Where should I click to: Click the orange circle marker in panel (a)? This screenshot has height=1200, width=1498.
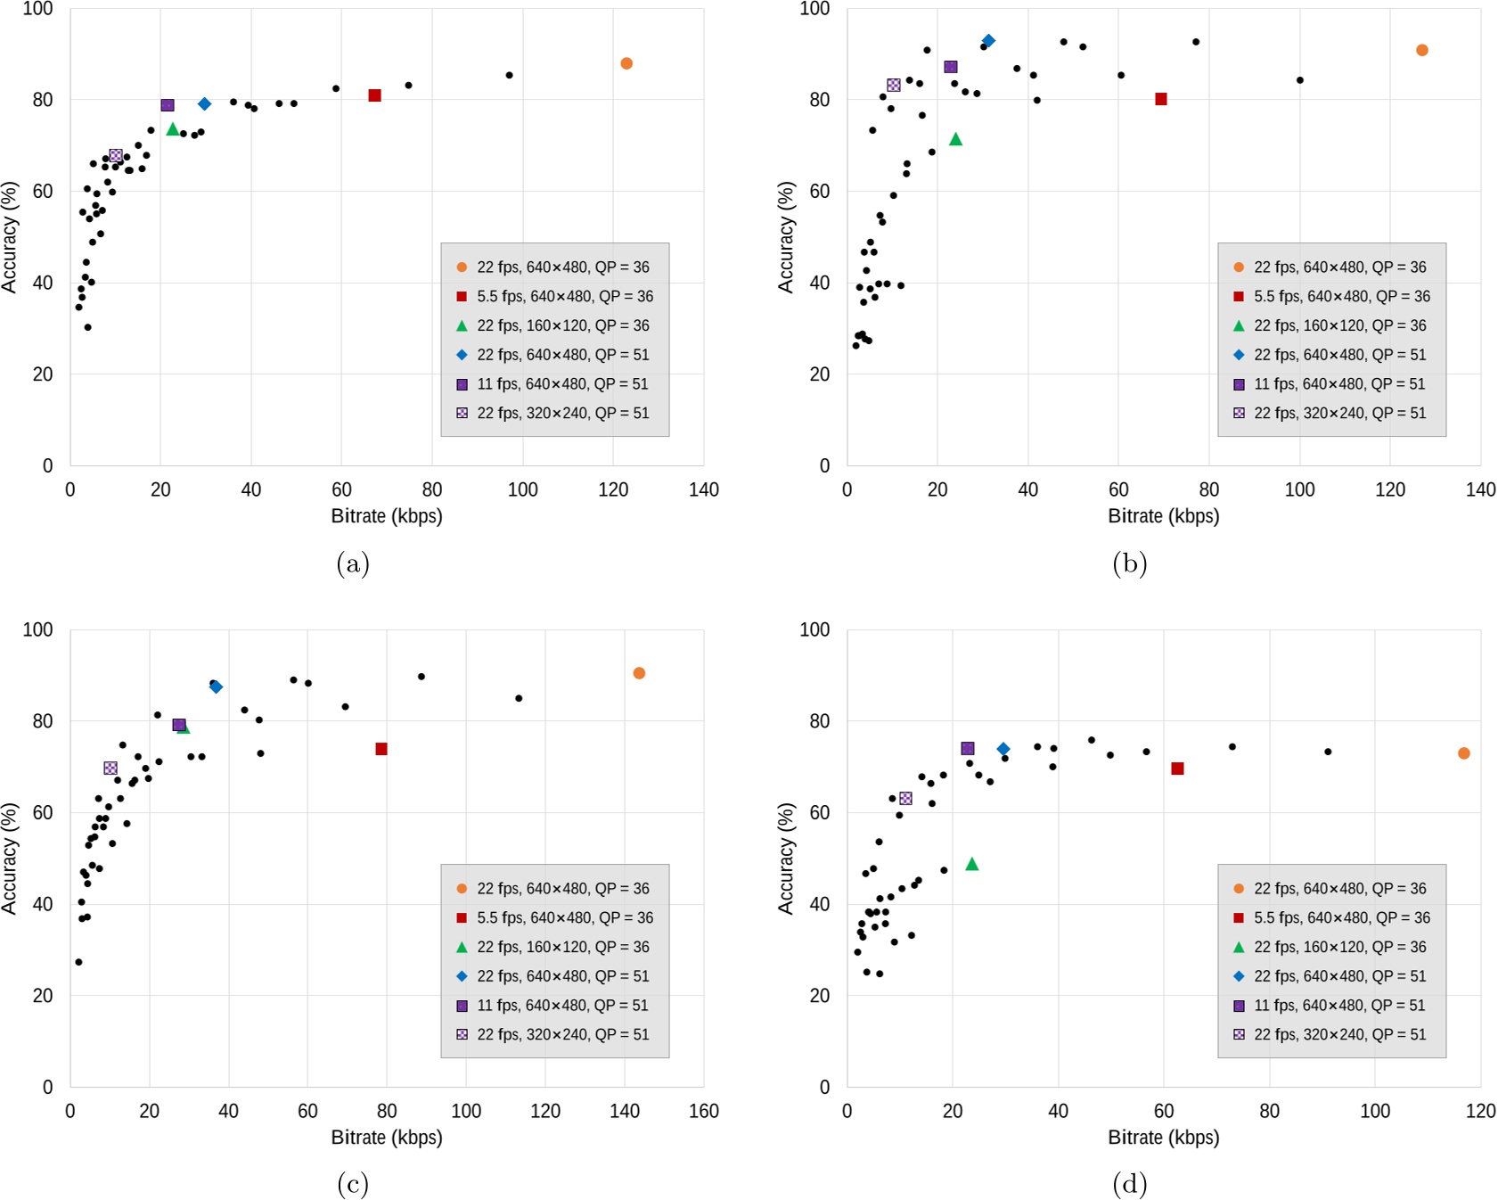tap(626, 63)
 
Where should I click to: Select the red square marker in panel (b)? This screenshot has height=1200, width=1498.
tap(1161, 99)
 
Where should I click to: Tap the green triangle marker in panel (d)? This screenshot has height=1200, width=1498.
tap(972, 864)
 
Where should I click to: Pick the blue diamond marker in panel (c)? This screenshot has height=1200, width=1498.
tap(216, 686)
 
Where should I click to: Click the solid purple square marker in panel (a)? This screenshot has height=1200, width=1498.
tap(168, 105)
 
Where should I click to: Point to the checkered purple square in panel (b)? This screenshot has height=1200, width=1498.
tap(894, 85)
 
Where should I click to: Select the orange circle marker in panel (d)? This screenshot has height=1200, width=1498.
tap(1463, 753)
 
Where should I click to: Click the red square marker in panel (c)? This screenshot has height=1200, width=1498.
tap(381, 749)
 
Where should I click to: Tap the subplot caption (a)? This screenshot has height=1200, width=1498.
tap(353, 563)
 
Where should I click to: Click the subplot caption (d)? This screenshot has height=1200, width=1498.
tap(1130, 1184)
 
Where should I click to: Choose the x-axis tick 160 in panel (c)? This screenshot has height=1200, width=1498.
tap(704, 1111)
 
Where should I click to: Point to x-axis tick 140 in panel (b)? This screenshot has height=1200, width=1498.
tap(1481, 489)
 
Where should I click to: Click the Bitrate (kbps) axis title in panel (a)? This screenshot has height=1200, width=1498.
tap(387, 516)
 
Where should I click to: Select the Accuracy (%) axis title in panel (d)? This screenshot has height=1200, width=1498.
tap(786, 859)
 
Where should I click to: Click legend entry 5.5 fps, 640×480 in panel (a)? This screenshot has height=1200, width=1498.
tap(564, 296)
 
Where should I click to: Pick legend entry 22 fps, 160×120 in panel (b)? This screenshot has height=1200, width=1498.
tap(1339, 325)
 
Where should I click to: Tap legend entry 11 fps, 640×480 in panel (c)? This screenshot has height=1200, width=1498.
tap(562, 1005)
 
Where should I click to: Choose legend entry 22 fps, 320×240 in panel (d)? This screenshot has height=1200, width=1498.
tap(1339, 1034)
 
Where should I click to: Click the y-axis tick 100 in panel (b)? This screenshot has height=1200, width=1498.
tap(814, 9)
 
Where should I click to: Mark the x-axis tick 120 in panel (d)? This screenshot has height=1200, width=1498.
tap(1481, 1111)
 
